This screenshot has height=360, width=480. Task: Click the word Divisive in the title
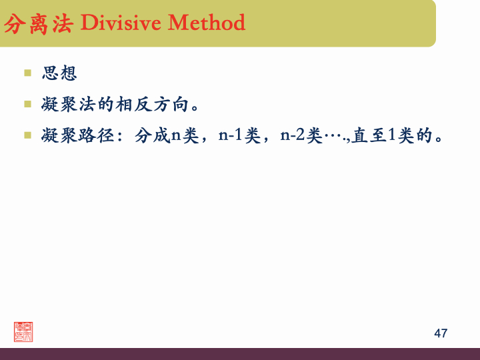coord(121,23)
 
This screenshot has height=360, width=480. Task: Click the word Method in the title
coord(207,23)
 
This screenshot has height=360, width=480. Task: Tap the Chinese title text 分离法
coord(39,24)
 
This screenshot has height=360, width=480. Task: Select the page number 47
coord(441,333)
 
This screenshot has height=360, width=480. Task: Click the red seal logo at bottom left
coord(23,331)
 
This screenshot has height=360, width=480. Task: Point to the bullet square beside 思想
coord(28,72)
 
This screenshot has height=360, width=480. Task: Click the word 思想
coord(59,73)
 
